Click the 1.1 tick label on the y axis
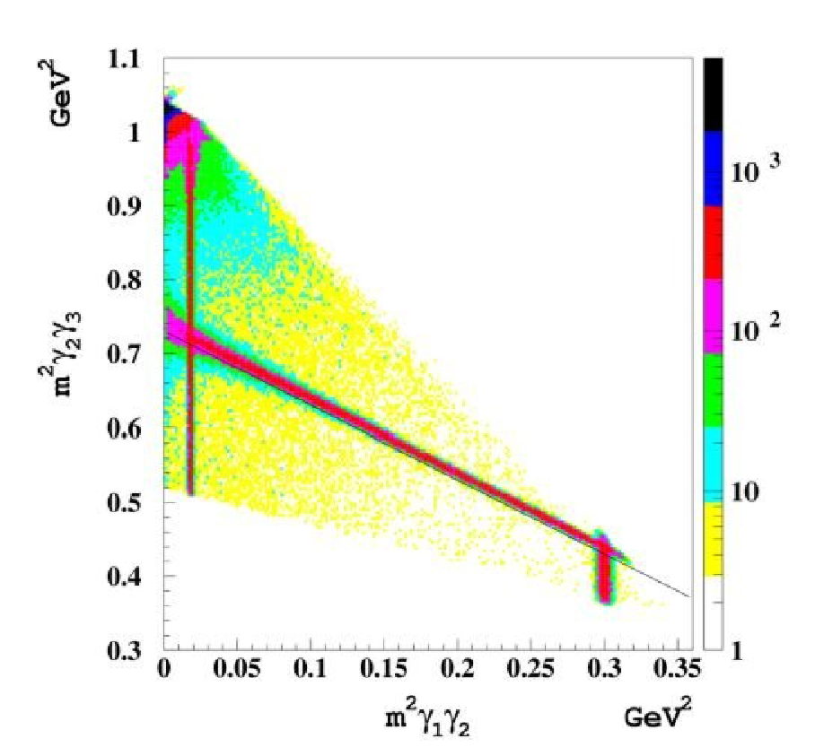point(124,59)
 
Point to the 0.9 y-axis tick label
point(124,206)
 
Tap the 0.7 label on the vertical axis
point(124,354)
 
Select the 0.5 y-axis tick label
point(124,502)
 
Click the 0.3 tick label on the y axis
point(124,650)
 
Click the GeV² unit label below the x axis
point(658,716)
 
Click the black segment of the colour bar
point(713,94)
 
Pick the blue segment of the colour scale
point(713,169)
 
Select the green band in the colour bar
point(713,390)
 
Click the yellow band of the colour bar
point(713,539)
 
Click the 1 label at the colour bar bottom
point(737,650)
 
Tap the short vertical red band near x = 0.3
point(604,570)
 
